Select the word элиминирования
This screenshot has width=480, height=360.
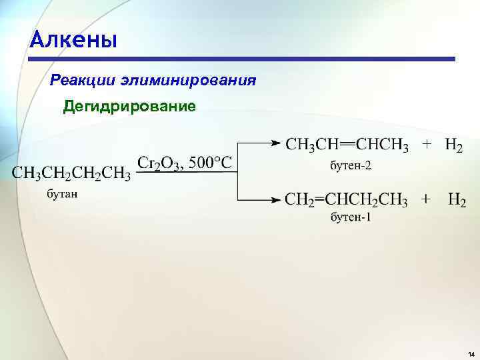(x=189, y=81)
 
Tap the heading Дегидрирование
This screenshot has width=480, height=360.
(x=130, y=107)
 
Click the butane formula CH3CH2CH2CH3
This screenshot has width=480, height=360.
(x=71, y=173)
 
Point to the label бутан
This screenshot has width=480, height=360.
(x=62, y=194)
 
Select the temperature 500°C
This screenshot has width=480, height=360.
(x=210, y=162)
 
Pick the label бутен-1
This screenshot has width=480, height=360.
(x=348, y=217)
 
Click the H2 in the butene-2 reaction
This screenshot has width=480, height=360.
(x=453, y=145)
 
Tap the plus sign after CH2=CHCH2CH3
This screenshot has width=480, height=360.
(x=425, y=199)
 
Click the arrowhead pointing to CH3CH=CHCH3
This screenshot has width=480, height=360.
(x=275, y=143)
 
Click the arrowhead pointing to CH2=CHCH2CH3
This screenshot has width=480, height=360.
(x=275, y=199)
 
